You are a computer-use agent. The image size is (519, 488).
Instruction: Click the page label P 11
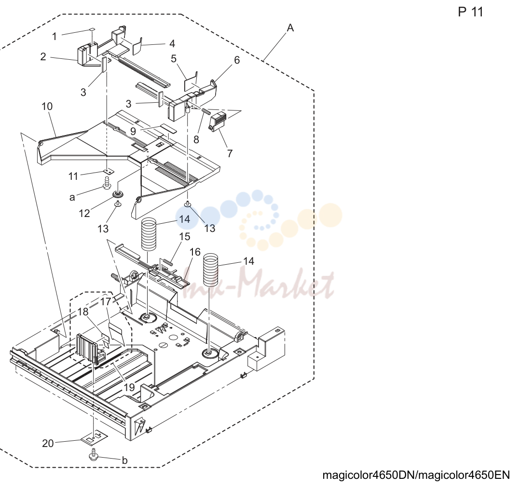point(470,12)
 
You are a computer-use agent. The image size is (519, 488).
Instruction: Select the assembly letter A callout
point(290,28)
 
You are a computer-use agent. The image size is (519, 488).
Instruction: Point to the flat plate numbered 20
point(95,437)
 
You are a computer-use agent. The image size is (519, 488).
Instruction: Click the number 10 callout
point(47,106)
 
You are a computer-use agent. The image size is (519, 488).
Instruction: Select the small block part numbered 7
point(217,122)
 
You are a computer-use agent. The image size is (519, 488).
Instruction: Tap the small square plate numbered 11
point(107,172)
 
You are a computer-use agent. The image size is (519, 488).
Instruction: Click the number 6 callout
point(237,60)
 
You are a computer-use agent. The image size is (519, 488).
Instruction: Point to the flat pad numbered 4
point(137,46)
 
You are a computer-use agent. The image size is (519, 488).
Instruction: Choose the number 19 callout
point(129,387)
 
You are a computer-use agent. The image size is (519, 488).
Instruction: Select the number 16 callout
point(195,252)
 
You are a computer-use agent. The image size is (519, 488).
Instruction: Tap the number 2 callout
point(43,56)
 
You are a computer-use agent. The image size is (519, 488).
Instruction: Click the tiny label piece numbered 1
point(92,30)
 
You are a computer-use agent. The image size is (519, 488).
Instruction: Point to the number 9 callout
point(133,131)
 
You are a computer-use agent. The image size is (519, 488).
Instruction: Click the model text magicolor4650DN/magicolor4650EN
point(416,475)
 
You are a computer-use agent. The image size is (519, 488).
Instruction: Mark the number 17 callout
point(106,302)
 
